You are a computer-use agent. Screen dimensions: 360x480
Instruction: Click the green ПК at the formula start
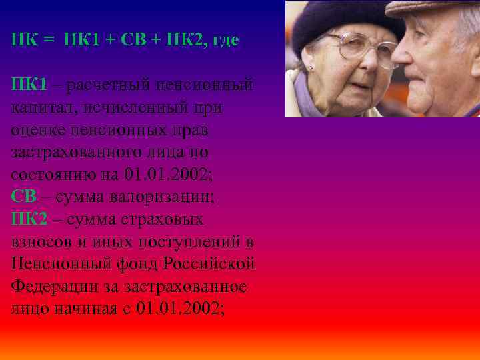point(24,40)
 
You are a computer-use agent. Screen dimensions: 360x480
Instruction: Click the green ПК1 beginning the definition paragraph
point(29,85)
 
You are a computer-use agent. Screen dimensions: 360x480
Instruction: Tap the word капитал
point(40,107)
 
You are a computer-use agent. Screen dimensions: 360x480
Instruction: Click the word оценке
point(39,129)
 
